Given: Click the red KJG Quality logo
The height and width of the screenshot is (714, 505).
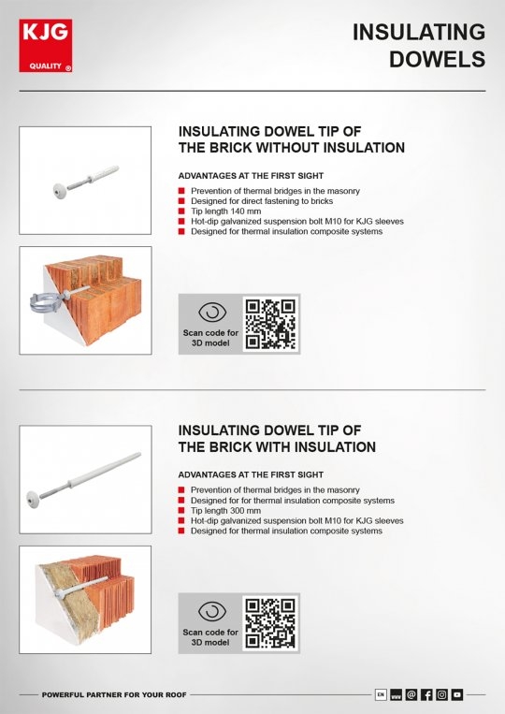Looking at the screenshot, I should click(46, 46).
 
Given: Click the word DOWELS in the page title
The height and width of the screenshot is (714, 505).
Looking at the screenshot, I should click(438, 59).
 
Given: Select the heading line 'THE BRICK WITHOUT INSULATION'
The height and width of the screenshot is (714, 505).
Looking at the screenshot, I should click(291, 148).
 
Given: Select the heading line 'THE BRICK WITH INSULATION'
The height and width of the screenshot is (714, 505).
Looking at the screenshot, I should click(277, 447).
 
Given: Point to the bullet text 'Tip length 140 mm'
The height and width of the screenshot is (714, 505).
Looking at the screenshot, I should click(225, 211).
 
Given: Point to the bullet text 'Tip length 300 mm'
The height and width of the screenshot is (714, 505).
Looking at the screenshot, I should click(225, 510).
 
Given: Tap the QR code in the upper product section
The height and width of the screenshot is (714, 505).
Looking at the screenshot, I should click(270, 324).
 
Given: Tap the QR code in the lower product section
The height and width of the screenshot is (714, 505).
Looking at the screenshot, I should click(270, 623).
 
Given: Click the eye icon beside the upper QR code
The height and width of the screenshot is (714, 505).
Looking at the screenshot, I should click(211, 313).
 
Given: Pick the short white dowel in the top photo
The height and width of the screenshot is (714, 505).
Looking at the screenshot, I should click(84, 177).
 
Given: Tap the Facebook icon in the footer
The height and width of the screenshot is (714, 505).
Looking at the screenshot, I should click(426, 694).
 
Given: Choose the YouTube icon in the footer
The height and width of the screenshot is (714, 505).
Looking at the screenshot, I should click(457, 694).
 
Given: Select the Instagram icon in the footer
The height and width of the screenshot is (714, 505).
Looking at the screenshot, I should click(442, 694).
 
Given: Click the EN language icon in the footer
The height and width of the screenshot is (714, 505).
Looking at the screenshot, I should click(381, 694).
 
